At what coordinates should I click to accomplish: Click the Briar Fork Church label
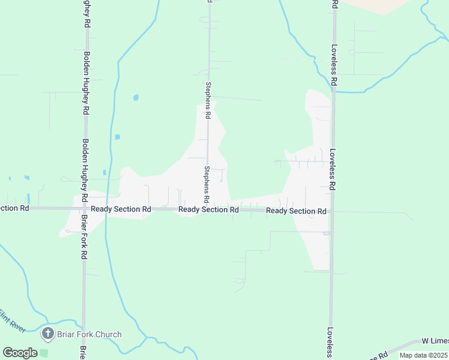click(89, 334)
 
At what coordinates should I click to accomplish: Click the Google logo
click(20, 353)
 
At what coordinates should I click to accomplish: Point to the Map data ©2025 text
click(423, 355)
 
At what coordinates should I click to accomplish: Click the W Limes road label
click(435, 341)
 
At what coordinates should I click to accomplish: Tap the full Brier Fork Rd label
click(84, 237)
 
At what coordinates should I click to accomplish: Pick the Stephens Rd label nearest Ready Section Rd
click(206, 184)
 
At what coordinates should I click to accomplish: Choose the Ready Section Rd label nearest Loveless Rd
click(296, 211)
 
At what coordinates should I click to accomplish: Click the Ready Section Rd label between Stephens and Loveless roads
click(209, 209)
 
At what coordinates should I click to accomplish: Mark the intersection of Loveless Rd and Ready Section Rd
click(331, 211)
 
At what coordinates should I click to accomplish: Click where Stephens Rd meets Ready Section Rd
click(209, 209)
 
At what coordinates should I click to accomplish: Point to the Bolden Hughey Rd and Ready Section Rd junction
click(85, 208)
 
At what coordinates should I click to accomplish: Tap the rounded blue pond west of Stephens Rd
click(136, 97)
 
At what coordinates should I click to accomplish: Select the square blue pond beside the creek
click(117, 137)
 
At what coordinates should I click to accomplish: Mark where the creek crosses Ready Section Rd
click(105, 208)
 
